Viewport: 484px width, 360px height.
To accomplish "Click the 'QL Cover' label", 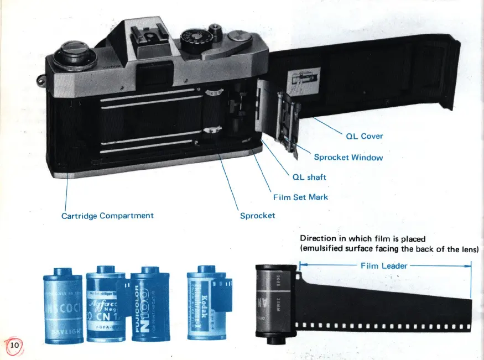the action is pos(364,136).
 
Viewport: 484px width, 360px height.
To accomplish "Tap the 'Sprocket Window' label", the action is pos(348,157).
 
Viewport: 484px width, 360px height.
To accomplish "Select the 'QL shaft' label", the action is pos(309,177).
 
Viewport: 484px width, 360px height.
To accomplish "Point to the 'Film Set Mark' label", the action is pos(300,197).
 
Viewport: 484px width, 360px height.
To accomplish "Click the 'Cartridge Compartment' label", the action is pos(107,215).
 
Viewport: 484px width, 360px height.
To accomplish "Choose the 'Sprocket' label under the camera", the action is pos(257,215).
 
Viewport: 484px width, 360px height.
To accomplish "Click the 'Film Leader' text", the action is pos(384,265).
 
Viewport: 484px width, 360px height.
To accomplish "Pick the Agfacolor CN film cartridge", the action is pos(106,304).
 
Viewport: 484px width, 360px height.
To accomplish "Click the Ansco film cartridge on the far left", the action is pos(63,306).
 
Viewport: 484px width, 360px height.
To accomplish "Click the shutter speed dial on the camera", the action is pos(195,40).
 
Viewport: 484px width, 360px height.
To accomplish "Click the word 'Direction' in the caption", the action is pos(318,239).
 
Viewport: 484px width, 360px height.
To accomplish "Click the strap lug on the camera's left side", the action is pos(40,81).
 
